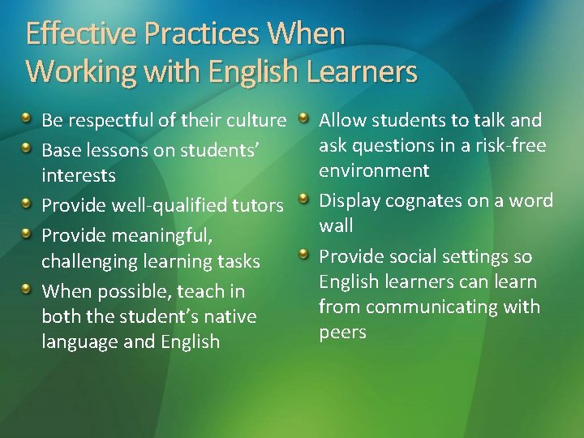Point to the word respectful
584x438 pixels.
109,122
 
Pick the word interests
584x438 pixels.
79,175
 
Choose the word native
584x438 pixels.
229,315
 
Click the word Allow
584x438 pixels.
345,121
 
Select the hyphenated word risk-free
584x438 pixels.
512,145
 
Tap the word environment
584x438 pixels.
374,170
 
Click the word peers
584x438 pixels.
342,332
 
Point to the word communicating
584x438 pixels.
430,307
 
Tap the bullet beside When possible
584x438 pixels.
29,290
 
